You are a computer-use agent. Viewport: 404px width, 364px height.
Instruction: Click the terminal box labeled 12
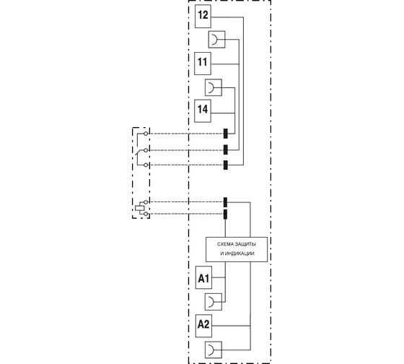tap(203, 17)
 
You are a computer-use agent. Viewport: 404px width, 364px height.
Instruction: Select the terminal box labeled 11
tap(203, 64)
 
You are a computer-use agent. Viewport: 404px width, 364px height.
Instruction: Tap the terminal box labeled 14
tap(203, 110)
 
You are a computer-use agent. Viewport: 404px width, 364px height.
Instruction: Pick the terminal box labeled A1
tap(203, 277)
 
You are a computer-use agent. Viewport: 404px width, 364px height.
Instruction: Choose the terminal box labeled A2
tap(203, 326)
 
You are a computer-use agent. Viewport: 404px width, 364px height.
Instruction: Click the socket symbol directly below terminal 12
tap(216, 40)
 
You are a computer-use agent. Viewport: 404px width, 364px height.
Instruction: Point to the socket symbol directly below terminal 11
tap(214, 87)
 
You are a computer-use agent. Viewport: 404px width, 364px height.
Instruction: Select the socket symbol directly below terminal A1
tap(214, 302)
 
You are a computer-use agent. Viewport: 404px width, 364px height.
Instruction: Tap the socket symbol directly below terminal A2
tap(214, 350)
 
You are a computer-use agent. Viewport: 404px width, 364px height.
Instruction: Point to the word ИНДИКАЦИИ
tap(240, 253)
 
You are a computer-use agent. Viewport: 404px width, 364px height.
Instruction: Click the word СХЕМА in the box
tap(224, 244)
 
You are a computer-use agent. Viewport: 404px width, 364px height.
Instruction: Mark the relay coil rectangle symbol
tap(139, 208)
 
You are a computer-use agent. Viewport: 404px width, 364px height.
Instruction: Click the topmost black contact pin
tap(225, 134)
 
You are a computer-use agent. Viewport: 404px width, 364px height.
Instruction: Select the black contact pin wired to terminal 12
tap(225, 165)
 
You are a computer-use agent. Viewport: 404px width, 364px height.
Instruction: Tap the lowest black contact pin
tap(225, 214)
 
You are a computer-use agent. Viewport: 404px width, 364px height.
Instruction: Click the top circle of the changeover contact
tap(146, 134)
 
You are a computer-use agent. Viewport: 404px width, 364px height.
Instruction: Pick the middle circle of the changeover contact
tap(146, 150)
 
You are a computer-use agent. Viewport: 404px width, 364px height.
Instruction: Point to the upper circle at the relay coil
tap(146, 202)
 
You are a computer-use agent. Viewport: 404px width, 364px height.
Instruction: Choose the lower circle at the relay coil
tap(146, 214)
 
